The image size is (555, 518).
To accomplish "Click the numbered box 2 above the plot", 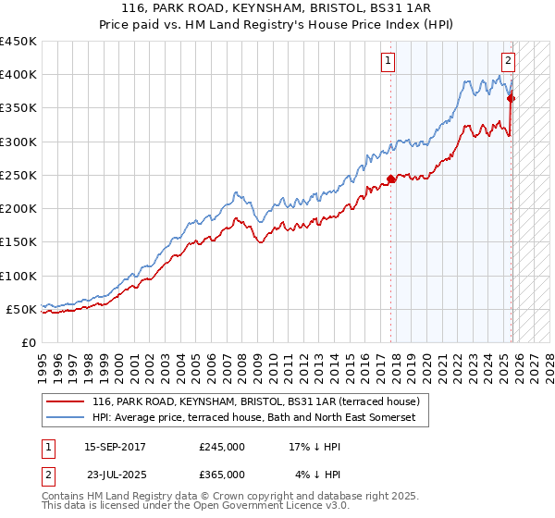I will point(508,62).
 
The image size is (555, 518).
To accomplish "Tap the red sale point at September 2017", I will point(390,179).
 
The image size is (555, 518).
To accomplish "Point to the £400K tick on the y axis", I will point(18,75).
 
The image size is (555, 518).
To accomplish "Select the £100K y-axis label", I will point(18,276).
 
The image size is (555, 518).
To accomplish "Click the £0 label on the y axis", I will point(28,342).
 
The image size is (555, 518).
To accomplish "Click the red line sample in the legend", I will point(66,401).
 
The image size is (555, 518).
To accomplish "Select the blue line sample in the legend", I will point(66,418).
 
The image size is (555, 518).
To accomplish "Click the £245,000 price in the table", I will point(221,447).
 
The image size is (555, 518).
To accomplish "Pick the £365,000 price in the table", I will point(221,475).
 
